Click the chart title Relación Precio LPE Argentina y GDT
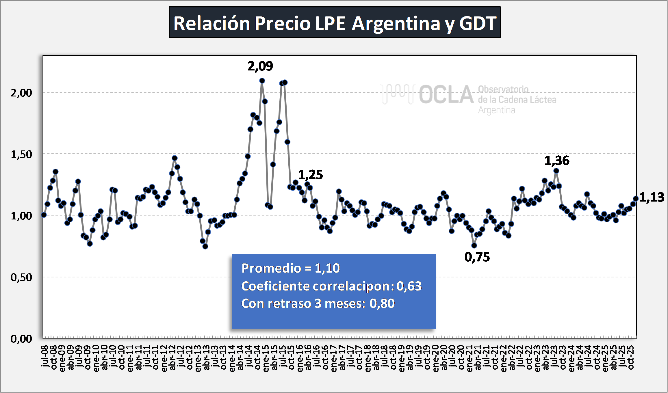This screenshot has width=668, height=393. [335, 23]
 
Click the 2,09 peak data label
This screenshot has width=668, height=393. [260, 66]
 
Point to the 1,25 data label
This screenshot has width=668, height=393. [310, 175]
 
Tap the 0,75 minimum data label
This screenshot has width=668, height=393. [477, 257]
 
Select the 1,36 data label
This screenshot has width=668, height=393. [557, 161]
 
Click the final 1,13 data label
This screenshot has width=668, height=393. [652, 198]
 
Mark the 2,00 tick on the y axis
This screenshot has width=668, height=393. [21, 93]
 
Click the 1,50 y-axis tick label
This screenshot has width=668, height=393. [21, 154]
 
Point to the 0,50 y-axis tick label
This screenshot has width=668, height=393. [21, 277]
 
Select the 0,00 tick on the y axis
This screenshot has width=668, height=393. [21, 339]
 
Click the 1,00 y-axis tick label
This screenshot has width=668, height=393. [21, 216]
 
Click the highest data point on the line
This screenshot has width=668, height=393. [262, 81]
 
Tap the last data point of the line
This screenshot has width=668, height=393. [636, 199]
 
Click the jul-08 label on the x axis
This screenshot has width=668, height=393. [45, 356]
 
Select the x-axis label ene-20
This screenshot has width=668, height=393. [436, 358]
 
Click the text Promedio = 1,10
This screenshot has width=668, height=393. [290, 268]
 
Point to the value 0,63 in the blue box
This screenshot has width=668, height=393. [409, 286]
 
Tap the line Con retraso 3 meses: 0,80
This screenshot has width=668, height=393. [318, 303]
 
